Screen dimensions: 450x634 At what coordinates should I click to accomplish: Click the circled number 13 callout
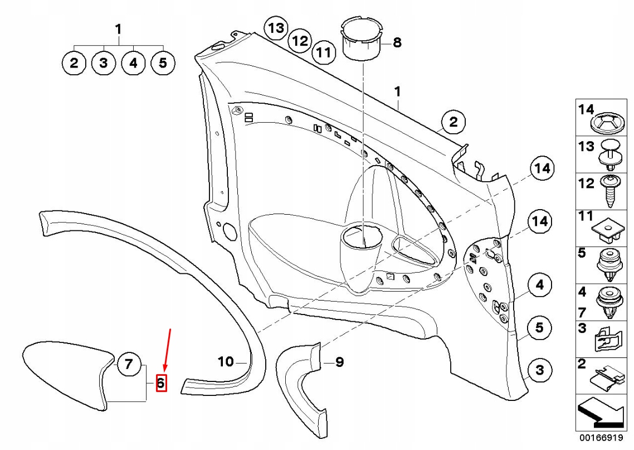coord(276,28)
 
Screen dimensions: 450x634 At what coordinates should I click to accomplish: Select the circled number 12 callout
coord(300,41)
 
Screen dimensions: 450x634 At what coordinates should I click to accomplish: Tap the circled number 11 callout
coord(323,53)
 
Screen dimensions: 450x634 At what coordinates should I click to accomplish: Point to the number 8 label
coord(397,42)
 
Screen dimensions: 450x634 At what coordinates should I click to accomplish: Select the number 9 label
coord(339,362)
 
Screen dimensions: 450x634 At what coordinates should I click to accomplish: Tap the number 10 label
coord(226,362)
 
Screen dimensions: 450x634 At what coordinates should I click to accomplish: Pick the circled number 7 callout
coord(129,364)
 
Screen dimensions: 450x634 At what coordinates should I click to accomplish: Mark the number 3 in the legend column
coord(582,328)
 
